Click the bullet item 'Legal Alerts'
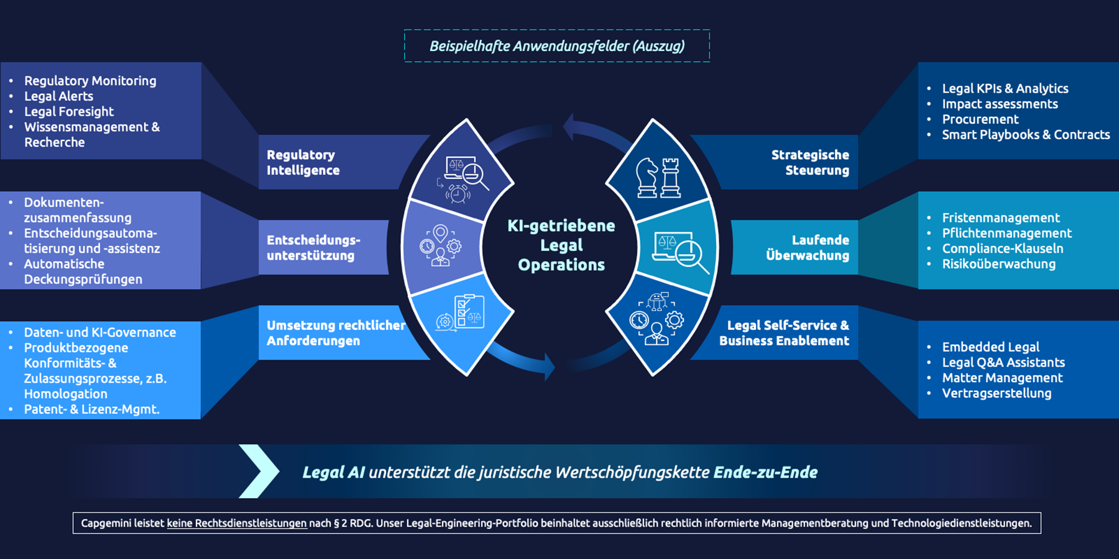[58, 96]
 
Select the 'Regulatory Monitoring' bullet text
[90, 81]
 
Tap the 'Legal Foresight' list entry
[68, 112]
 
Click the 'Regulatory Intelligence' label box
[303, 162]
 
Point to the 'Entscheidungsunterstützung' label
[313, 247]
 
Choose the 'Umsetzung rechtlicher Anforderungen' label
[336, 333]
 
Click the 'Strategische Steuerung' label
[810, 162]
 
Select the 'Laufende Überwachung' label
[808, 247]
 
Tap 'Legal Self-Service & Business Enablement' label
[785, 333]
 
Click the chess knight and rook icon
[658, 178]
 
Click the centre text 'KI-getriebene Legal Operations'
[561, 245]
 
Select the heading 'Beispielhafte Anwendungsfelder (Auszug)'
[557, 46]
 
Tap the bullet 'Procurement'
[980, 119]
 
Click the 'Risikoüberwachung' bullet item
[998, 264]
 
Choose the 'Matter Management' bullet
[1002, 378]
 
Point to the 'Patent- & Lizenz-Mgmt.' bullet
[91, 409]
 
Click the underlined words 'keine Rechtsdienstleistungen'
[237, 523]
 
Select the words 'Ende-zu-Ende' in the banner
[765, 472]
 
